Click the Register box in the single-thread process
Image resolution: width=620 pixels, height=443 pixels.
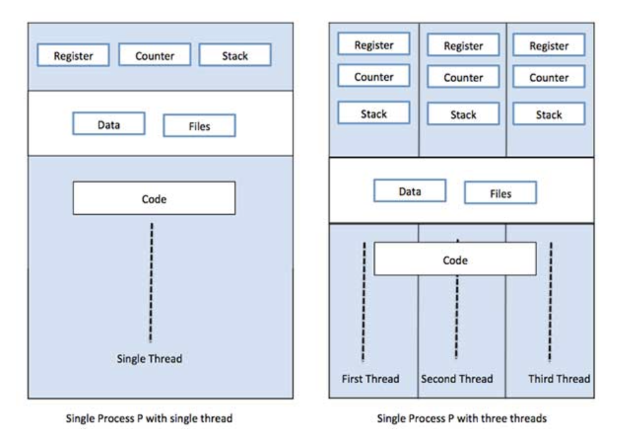coord(73,55)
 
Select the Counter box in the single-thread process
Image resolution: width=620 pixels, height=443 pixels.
coord(154,55)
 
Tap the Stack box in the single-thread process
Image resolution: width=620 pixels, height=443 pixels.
coord(235,55)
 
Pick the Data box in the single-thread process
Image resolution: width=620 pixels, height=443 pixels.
coord(109,124)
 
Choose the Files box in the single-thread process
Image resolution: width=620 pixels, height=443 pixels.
coord(199,126)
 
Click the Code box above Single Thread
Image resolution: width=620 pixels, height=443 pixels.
coord(154,198)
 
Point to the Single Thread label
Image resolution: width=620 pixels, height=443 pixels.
coord(150,359)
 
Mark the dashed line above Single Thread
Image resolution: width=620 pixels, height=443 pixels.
coord(151,283)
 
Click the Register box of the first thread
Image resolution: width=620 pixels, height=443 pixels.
coord(374,44)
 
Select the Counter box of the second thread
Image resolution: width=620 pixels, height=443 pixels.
coord(464,77)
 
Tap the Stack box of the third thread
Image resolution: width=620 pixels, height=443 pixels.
coord(549,114)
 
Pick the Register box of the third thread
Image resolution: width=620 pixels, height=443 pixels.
coord(549,45)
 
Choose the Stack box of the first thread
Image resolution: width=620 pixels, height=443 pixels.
coord(374,113)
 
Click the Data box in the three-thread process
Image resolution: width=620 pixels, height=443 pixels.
coord(410,191)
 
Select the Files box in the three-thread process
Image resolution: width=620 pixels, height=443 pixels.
coord(500,193)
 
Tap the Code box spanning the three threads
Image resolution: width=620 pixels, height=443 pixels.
coord(455,259)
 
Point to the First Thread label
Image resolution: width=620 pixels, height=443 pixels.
coord(370,379)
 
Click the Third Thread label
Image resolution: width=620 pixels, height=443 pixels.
coord(559,379)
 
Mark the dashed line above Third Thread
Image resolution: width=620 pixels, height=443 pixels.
coord(550,302)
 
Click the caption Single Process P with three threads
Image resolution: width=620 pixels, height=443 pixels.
coord(462,419)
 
